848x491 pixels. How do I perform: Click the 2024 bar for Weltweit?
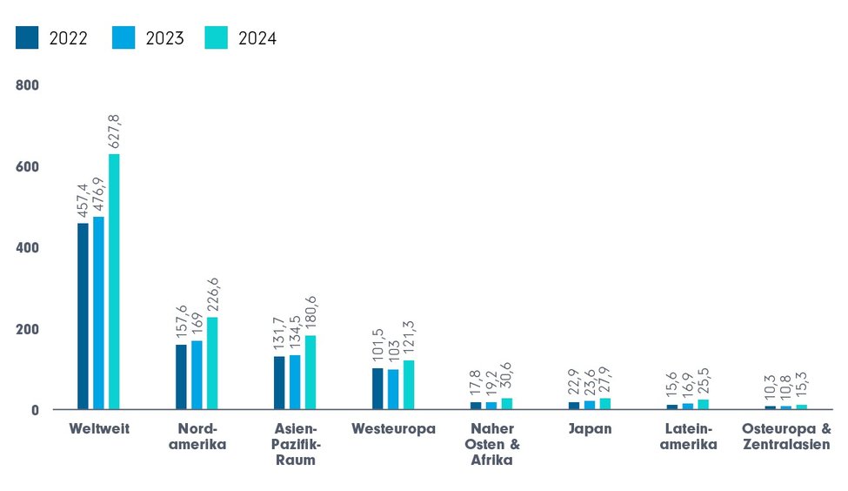coord(114,281)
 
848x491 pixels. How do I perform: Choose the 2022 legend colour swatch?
coord(28,38)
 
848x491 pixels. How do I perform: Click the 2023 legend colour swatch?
coord(124,38)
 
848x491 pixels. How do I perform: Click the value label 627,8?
coord(114,131)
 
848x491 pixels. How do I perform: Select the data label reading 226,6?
coord(212,291)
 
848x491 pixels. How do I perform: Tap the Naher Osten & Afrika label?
coord(494,444)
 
